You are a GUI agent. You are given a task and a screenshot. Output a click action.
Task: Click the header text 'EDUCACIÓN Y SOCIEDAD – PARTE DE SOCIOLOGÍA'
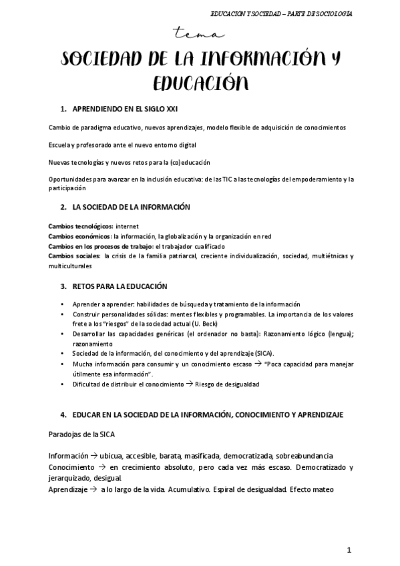pyautogui.click(x=281, y=13)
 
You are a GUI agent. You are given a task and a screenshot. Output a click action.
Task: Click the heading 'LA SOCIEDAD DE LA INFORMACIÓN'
pyautogui.click(x=131, y=207)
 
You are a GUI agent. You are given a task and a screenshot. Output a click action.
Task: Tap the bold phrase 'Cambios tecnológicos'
pyautogui.click(x=80, y=226)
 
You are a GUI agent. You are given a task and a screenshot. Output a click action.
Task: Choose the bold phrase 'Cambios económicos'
pyautogui.click(x=79, y=236)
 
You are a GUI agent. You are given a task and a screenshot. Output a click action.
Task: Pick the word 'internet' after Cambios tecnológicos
pyautogui.click(x=127, y=226)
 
